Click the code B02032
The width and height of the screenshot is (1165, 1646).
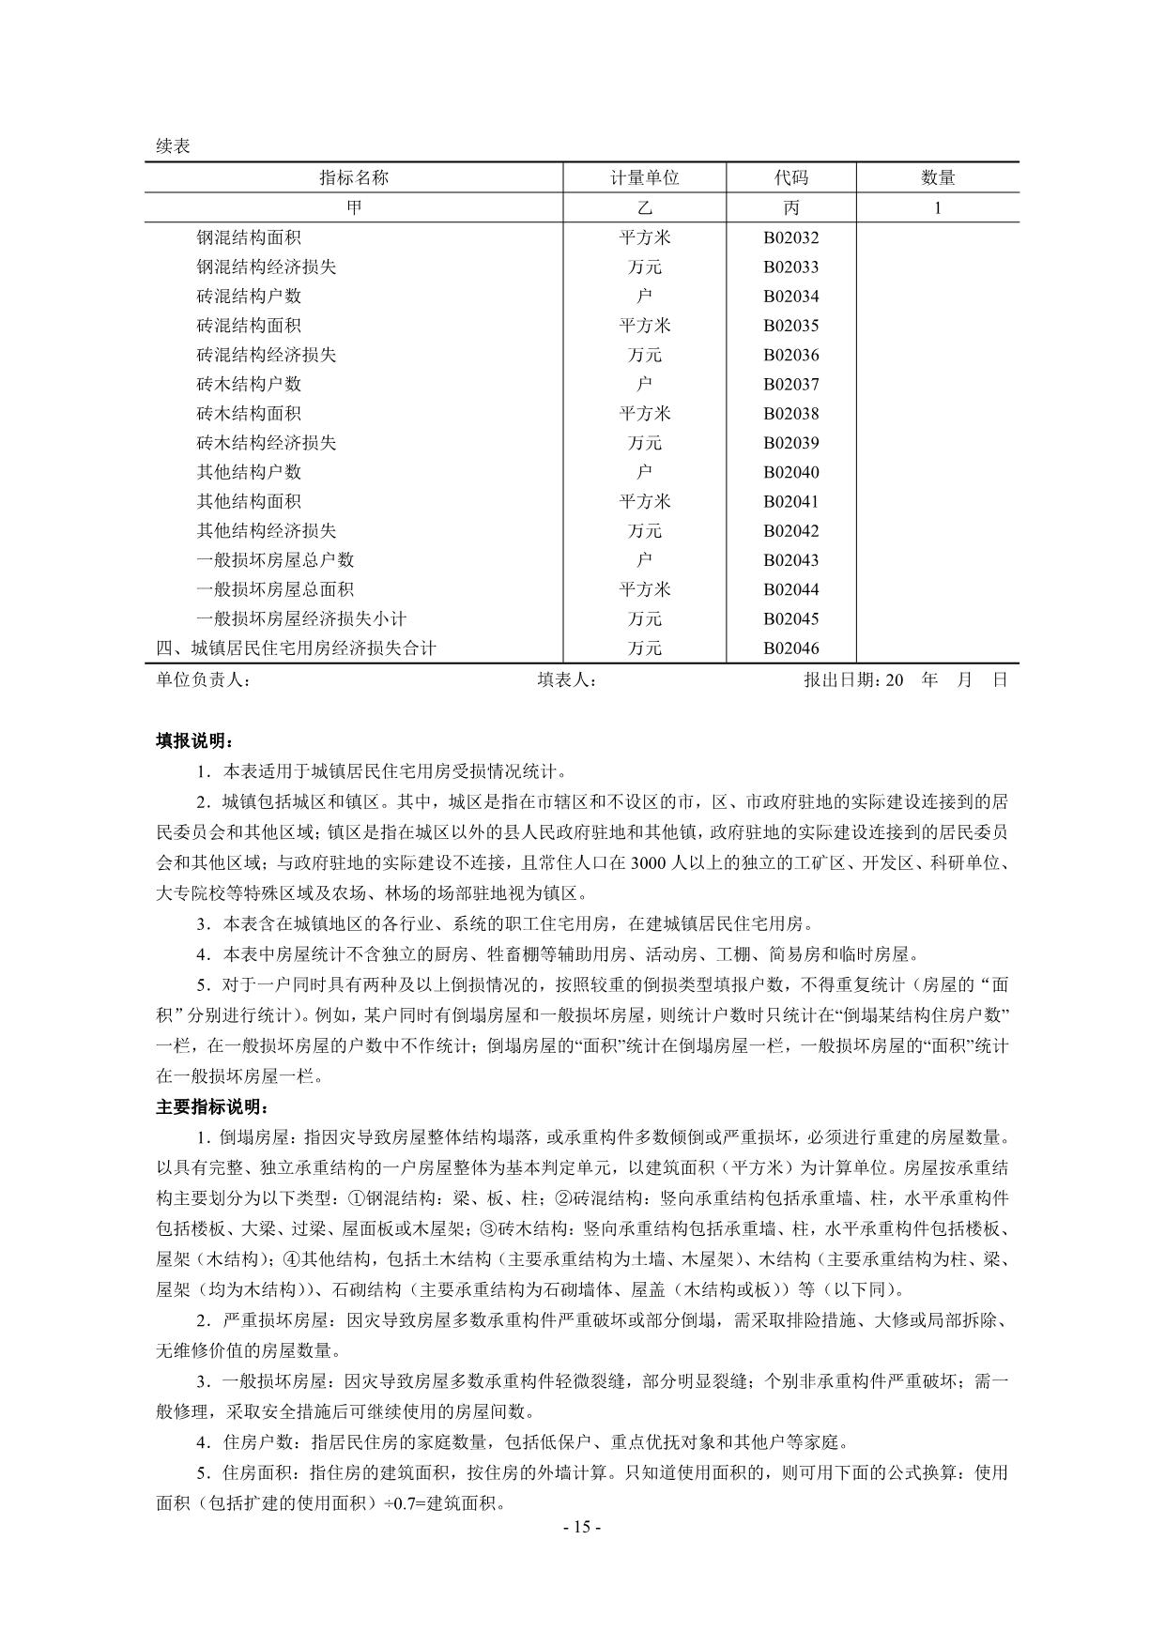point(790,237)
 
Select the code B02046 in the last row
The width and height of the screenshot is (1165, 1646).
point(790,648)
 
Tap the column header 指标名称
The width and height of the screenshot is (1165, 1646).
point(354,177)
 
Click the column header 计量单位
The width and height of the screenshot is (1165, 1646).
point(644,177)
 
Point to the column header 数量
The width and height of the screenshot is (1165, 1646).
point(937,177)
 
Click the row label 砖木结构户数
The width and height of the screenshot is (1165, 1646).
point(249,384)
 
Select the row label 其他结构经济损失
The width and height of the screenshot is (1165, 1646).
point(266,530)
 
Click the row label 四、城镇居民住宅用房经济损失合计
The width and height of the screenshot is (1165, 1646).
point(296,648)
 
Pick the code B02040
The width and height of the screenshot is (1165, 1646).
point(790,472)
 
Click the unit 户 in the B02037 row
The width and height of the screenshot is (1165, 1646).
point(644,384)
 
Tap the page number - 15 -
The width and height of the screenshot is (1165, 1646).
point(582,1527)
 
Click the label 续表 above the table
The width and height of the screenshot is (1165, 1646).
point(173,146)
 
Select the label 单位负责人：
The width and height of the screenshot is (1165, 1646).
point(203,679)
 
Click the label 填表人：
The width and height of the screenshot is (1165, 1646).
point(567,679)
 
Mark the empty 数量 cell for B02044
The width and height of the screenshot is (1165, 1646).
point(937,589)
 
